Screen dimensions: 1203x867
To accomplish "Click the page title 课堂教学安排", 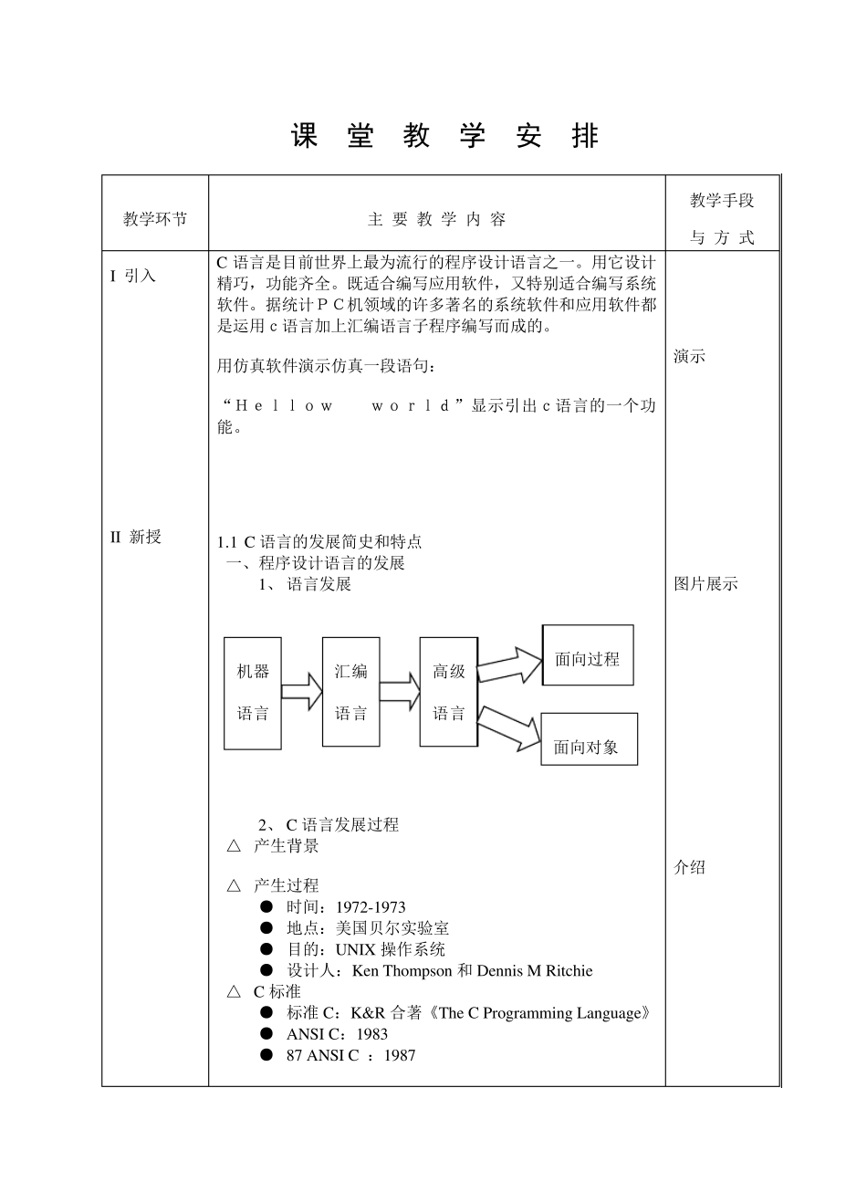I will pos(444,137).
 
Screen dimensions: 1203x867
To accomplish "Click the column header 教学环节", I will pos(155,219).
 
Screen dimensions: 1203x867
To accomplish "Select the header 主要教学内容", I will pos(436,219).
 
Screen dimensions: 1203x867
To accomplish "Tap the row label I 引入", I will pos(133,276).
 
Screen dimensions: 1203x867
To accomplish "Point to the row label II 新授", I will pos(136,537).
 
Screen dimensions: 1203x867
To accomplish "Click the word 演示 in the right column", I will pos(690,357).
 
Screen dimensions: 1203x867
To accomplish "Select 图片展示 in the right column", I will pos(705,584).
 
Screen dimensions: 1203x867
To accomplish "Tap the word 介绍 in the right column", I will pos(690,867).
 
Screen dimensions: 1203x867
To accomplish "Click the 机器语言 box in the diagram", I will pos(253,693).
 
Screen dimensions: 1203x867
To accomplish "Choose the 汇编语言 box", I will pos(350,693).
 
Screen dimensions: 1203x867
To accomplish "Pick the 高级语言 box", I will pos(448,693).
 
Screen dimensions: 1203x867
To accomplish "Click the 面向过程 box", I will pos(587,656).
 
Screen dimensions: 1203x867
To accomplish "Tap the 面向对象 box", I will pos(588,740).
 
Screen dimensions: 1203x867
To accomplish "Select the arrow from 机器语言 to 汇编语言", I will pos(301,693).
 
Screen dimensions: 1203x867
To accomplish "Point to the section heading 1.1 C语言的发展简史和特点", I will pos(319,542).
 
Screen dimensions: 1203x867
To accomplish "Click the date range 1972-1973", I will pos(371,907).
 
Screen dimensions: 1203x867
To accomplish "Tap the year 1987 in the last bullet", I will pos(400,1056).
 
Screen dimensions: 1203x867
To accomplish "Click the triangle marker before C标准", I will pos(235,992).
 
